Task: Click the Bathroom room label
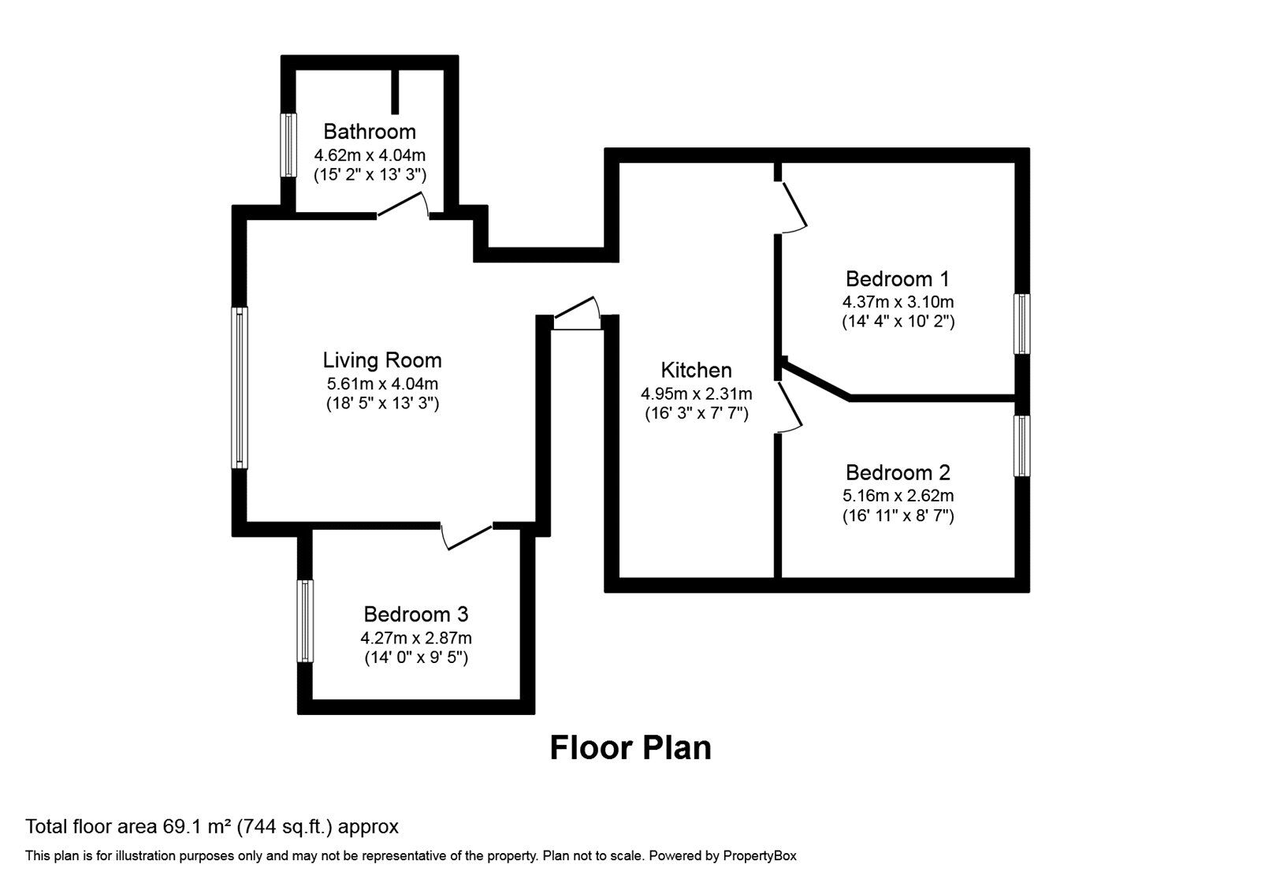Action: pyautogui.click(x=370, y=131)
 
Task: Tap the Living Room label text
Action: pyautogui.click(x=381, y=360)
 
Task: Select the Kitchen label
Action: pyautogui.click(x=697, y=370)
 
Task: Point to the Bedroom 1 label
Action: pyautogui.click(x=898, y=279)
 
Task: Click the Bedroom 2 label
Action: pyautogui.click(x=898, y=472)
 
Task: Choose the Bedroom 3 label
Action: pyautogui.click(x=415, y=614)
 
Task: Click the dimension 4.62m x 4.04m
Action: pyautogui.click(x=370, y=155)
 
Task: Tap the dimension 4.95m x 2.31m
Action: pyautogui.click(x=697, y=393)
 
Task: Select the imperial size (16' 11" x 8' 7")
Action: pyautogui.click(x=898, y=516)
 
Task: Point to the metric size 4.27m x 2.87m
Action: pyautogui.click(x=416, y=638)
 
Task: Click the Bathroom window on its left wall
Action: pyautogui.click(x=288, y=145)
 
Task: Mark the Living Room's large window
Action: pyautogui.click(x=240, y=387)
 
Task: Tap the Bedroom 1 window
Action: pyautogui.click(x=1022, y=324)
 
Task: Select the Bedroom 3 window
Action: pyautogui.click(x=304, y=621)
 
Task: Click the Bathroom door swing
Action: pyautogui.click(x=403, y=204)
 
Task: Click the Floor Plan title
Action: pyautogui.click(x=630, y=747)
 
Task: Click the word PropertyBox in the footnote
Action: pyautogui.click(x=760, y=856)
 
